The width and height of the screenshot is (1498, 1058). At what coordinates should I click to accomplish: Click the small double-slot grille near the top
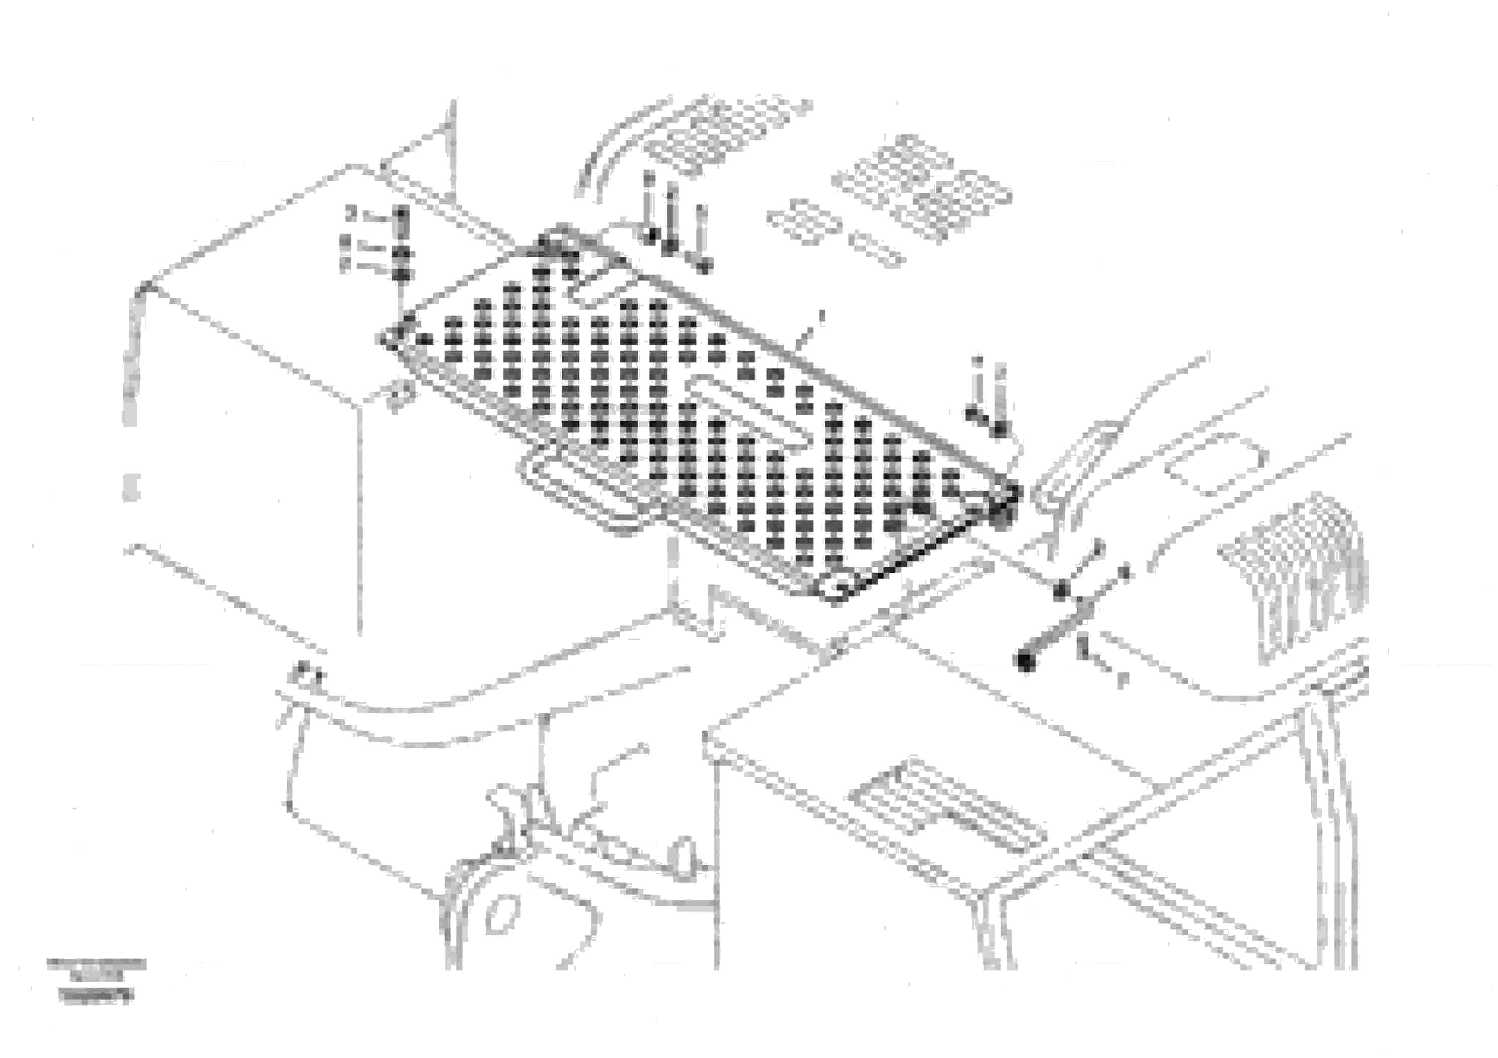point(804,222)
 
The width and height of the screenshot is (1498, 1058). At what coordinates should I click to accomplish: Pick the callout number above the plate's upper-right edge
point(821,317)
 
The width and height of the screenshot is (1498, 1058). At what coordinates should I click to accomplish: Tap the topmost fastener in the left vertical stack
point(401,213)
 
